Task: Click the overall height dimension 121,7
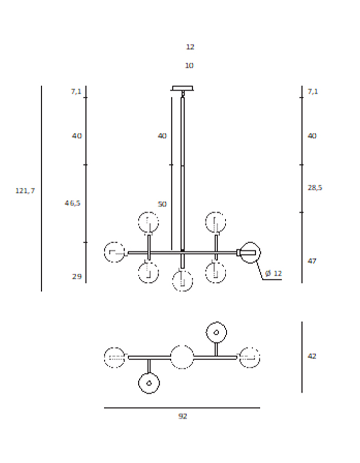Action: coord(25,191)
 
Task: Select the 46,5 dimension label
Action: coord(73,203)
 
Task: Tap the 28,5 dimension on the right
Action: coord(315,188)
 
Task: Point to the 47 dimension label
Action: coord(312,261)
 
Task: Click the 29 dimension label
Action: coord(77,277)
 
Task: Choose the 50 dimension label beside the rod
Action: coord(162,204)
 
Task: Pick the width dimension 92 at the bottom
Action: coord(183,416)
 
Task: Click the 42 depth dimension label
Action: coord(312,357)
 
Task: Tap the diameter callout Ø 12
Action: coord(274,274)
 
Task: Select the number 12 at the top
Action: coord(190,47)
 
